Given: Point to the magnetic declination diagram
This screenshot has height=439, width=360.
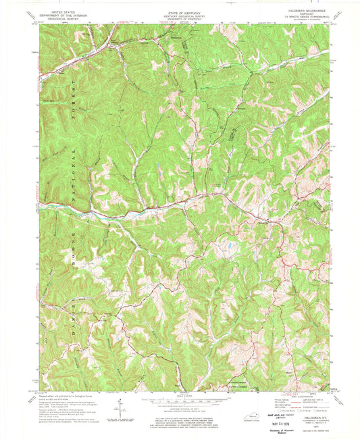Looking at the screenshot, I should pyautogui.click(x=120, y=409).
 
